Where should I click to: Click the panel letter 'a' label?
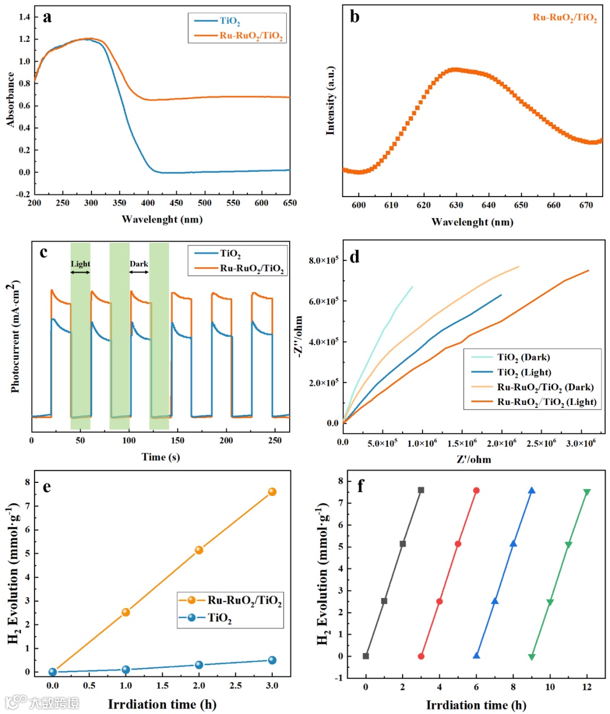point(47,18)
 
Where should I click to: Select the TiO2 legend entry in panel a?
point(229,21)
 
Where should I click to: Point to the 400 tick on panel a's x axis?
point(148,203)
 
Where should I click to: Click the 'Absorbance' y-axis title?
point(11,99)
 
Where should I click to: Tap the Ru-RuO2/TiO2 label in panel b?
point(565,18)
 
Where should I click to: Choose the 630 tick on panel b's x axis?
point(456,205)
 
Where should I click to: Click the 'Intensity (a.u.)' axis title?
point(330,101)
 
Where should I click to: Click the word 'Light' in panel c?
point(80,264)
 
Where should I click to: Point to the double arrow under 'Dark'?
point(139,272)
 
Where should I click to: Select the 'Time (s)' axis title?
point(160,457)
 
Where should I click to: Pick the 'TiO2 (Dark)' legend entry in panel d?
point(523,357)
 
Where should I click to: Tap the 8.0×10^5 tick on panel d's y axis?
point(323,260)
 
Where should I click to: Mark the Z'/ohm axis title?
point(474,459)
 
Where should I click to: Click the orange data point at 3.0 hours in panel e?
point(272,492)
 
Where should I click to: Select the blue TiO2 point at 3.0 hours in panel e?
point(272,660)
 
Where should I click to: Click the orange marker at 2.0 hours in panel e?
point(199,550)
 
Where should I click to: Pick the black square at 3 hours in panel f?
point(421,490)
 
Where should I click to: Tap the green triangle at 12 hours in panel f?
point(587,493)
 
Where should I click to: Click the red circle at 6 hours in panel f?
point(476,490)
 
